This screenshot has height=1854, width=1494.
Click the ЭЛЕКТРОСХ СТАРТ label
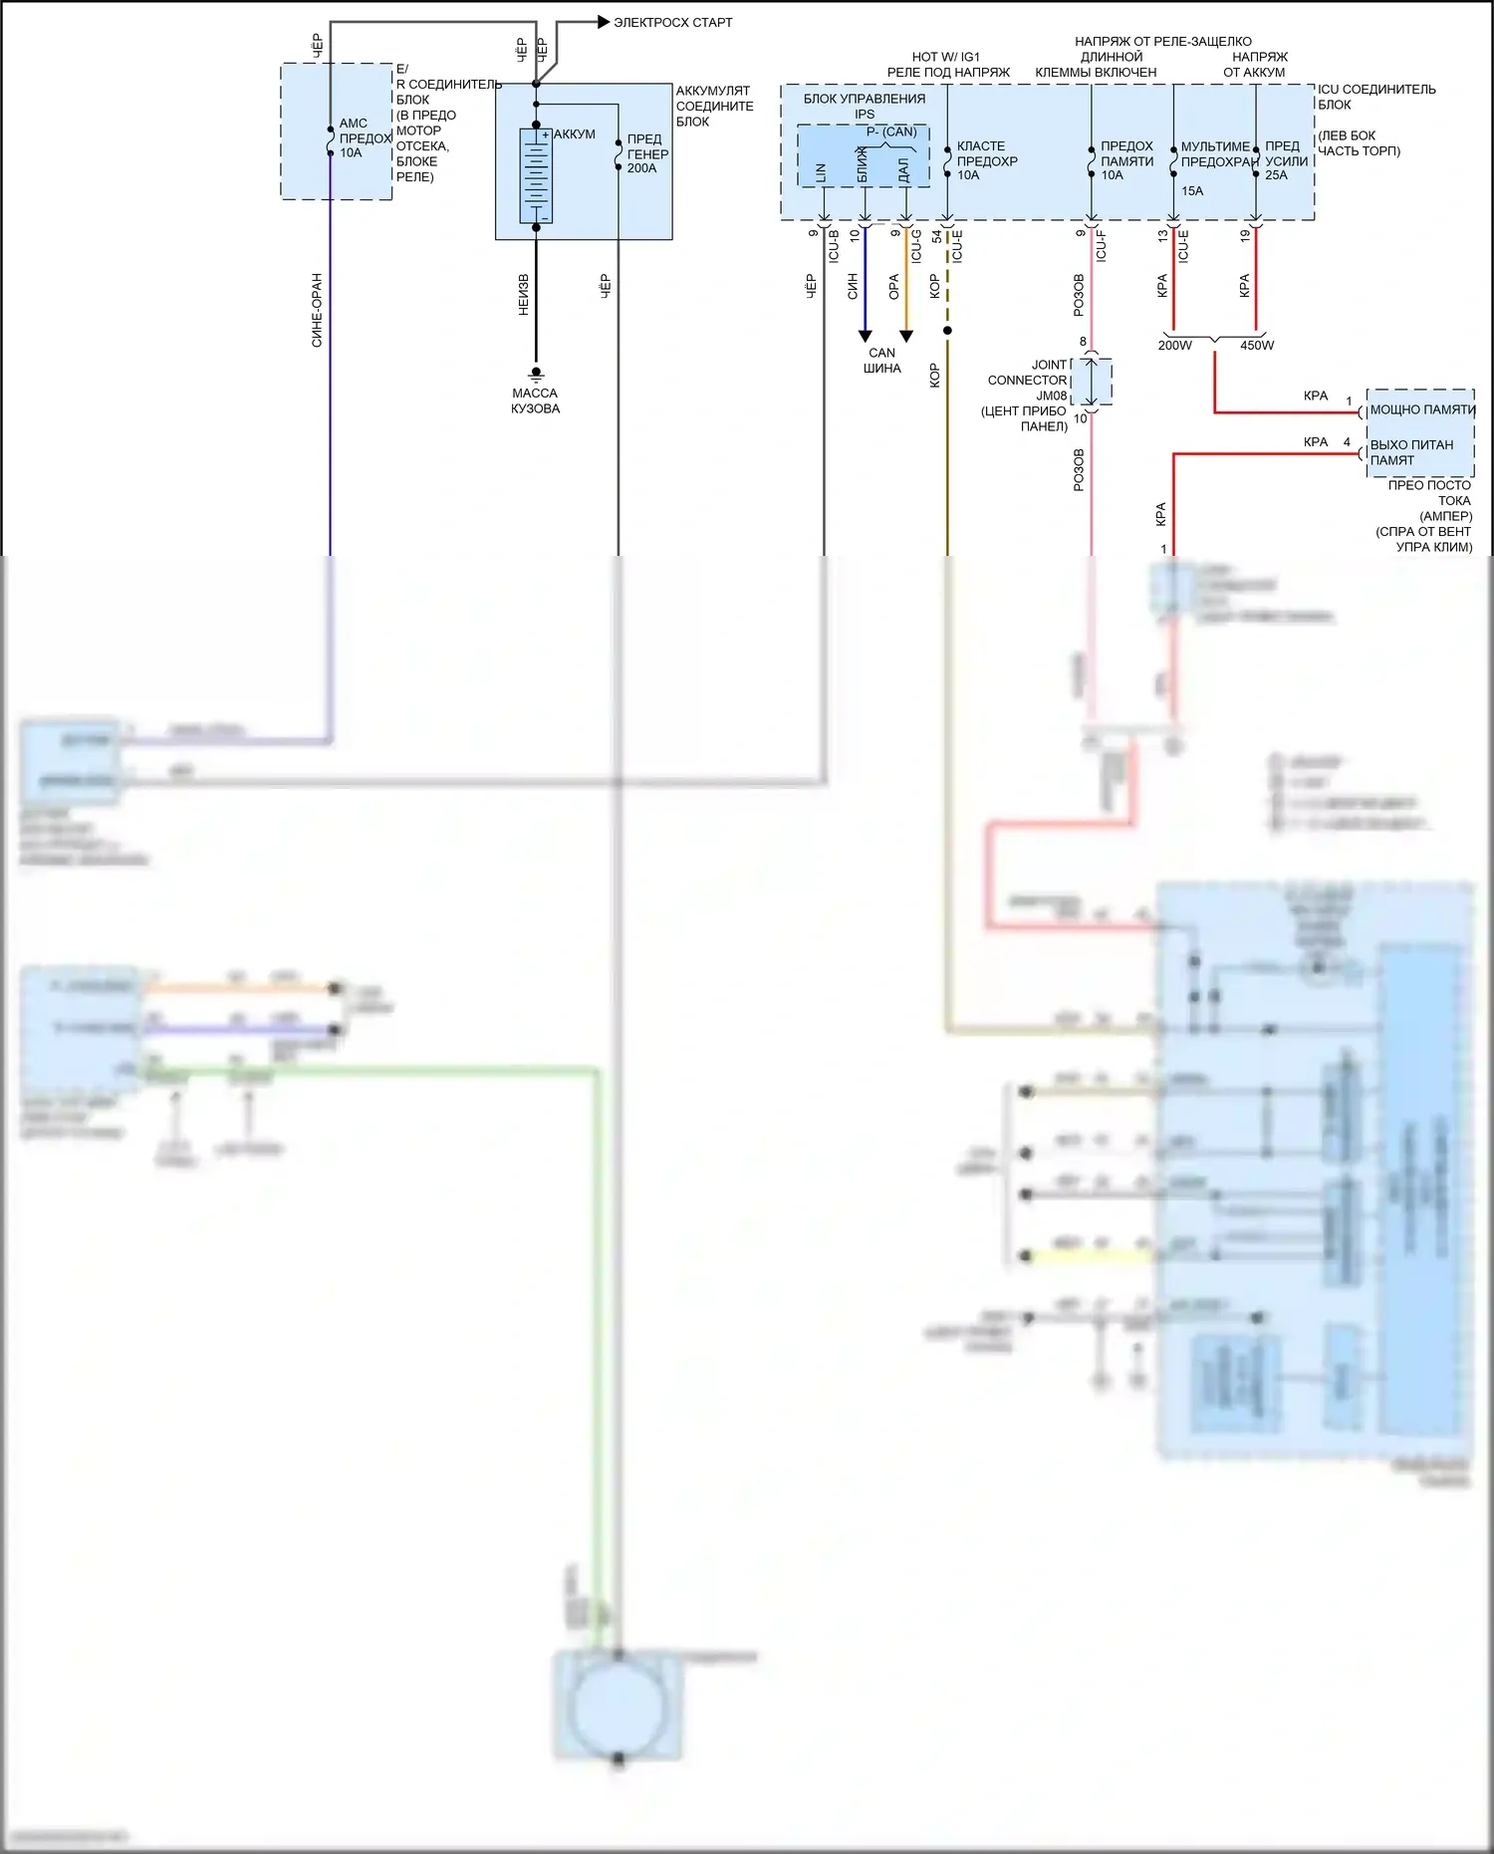[672, 22]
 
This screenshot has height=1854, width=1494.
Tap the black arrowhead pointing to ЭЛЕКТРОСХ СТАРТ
[604, 22]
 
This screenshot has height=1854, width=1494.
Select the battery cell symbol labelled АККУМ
[536, 175]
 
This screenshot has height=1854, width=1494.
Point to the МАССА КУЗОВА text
[535, 400]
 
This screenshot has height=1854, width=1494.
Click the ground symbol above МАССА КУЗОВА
[536, 375]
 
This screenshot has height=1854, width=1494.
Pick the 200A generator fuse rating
[641, 168]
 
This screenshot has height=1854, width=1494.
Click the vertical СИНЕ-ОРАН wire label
[318, 310]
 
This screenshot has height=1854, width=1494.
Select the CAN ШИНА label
[881, 361]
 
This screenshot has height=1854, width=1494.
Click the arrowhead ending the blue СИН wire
[866, 337]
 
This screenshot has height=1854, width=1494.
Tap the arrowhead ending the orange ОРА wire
[906, 337]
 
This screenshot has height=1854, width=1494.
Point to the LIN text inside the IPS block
[822, 172]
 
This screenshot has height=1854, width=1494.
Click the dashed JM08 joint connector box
[1092, 382]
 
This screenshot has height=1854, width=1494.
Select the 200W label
[1174, 346]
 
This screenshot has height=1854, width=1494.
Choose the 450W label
[1257, 346]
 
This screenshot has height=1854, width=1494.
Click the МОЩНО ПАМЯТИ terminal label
[1422, 410]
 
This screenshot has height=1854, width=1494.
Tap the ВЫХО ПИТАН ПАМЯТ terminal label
[1411, 452]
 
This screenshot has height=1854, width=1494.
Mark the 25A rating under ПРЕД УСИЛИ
[1276, 175]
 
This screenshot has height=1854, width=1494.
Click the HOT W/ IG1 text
[945, 57]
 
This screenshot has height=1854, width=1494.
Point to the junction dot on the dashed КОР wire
[947, 331]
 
